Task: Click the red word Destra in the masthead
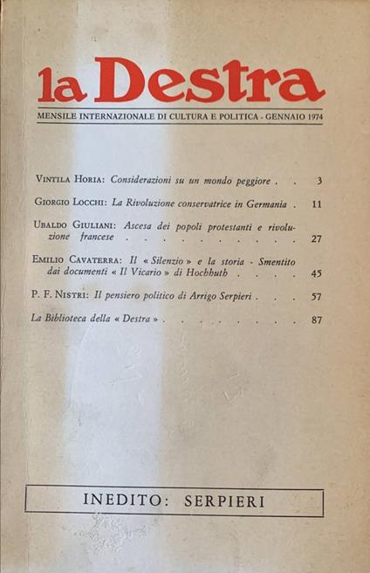[209, 82]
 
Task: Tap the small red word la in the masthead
[62, 86]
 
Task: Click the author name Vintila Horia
[70, 182]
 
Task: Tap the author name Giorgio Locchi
[72, 203]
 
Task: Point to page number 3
[320, 182]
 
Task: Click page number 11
[318, 204]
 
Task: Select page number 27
[317, 238]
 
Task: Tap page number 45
[317, 273]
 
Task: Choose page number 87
[317, 321]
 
